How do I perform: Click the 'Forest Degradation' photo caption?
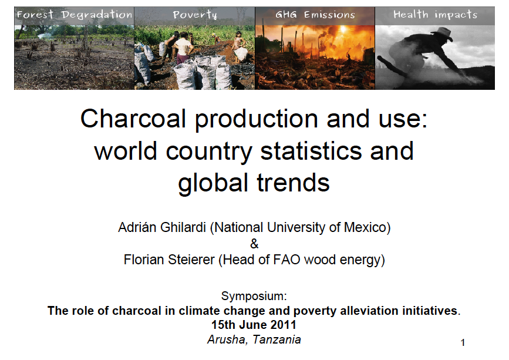(x=75, y=15)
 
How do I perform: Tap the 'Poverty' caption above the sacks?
(x=195, y=15)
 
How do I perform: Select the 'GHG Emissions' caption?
(x=315, y=15)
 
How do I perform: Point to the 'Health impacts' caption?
(x=435, y=15)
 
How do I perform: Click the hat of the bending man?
(x=443, y=33)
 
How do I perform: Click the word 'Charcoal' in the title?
(x=133, y=119)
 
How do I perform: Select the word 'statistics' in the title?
(x=311, y=151)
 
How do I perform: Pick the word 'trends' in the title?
(x=293, y=183)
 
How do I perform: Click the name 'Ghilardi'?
(x=183, y=227)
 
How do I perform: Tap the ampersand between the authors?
(x=254, y=244)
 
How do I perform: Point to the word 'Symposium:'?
(x=254, y=297)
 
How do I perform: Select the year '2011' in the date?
(x=283, y=325)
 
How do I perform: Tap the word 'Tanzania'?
(x=277, y=339)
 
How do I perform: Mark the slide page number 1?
(x=463, y=342)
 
